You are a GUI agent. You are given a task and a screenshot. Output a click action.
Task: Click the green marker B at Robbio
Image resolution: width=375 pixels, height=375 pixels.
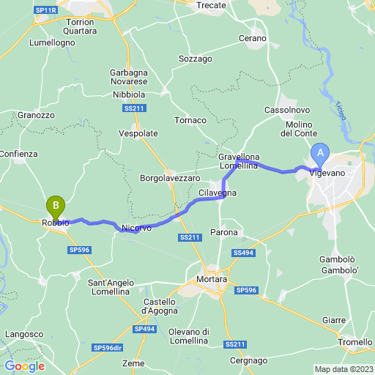tap(56, 207)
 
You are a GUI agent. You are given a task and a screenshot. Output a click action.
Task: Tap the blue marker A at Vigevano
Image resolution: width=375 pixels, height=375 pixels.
tap(319, 154)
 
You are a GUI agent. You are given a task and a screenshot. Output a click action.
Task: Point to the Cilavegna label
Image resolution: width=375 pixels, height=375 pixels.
tap(218, 193)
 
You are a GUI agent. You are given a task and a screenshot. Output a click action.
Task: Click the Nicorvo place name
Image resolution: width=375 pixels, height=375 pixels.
tap(136, 228)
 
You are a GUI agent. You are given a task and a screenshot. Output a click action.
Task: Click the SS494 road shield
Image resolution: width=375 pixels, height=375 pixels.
tap(243, 253)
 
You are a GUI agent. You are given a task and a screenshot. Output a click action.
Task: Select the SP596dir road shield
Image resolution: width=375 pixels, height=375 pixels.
tap(108, 347)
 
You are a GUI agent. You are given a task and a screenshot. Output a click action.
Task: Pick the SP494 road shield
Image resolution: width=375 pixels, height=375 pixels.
tap(146, 330)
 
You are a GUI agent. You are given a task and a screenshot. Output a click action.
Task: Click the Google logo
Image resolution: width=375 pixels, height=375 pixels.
tap(24, 366)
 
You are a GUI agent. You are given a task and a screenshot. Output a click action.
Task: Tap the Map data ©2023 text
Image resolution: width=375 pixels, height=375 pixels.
tap(344, 369)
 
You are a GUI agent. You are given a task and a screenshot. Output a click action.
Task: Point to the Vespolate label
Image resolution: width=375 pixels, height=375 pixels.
tap(138, 134)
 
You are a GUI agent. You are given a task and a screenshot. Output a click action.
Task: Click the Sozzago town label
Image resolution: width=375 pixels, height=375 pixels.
tap(195, 58)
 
